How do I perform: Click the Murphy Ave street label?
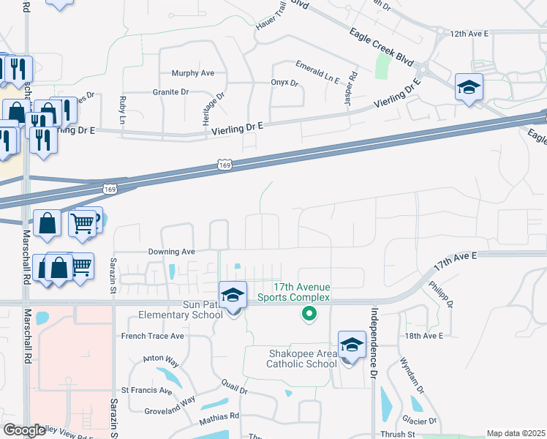click(x=192, y=73)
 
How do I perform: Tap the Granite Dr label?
click(x=170, y=92)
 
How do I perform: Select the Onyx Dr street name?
click(x=284, y=83)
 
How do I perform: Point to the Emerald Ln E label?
click(x=318, y=72)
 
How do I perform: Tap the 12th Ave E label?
click(x=469, y=34)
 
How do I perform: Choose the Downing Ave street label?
click(x=171, y=251)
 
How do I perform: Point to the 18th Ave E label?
click(x=423, y=336)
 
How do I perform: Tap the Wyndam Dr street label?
click(x=407, y=374)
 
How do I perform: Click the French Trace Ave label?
click(x=152, y=336)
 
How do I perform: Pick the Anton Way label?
click(x=161, y=359)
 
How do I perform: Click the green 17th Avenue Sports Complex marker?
click(x=309, y=315)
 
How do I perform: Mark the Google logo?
click(x=24, y=430)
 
